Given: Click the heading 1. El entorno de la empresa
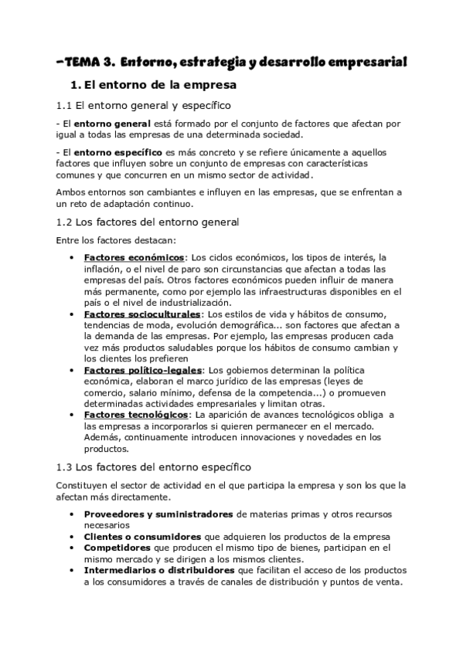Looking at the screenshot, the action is click(152, 83).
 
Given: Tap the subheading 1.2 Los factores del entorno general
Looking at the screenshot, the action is click(148, 222).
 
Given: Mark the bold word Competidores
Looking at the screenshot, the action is click(116, 548).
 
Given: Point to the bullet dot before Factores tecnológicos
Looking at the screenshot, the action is click(71, 415).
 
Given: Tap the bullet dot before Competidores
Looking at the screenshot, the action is click(71, 548).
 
